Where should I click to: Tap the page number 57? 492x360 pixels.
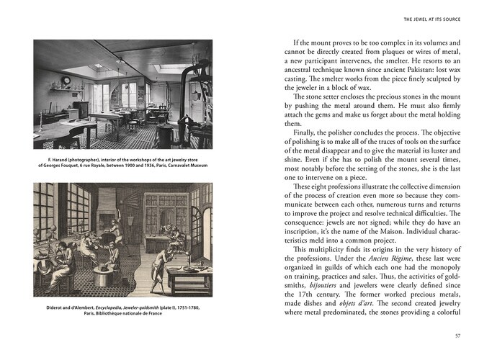pos(457,334)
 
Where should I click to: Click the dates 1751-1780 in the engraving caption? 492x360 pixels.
pos(186,308)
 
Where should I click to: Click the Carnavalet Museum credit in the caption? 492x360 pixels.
pos(189,164)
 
